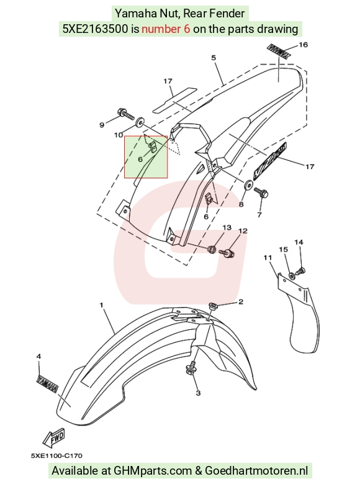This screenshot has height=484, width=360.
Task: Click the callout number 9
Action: [102, 125]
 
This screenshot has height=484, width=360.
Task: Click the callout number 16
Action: [304, 45]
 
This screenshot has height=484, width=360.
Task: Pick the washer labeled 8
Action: [249, 185]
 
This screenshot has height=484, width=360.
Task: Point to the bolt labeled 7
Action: [261, 193]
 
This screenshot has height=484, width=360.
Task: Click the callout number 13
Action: [227, 227]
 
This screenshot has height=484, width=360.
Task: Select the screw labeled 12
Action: [228, 253]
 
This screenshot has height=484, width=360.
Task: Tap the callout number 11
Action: [268, 258]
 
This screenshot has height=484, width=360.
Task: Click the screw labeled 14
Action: [300, 272]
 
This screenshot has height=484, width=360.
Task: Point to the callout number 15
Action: [283, 249]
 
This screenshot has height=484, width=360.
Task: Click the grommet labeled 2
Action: [212, 306]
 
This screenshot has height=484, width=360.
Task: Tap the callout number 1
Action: [102, 305]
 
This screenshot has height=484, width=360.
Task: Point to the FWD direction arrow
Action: [53, 437]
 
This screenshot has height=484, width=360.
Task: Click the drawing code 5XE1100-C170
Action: [56, 456]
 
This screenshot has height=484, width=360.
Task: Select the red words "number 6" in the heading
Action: [166, 29]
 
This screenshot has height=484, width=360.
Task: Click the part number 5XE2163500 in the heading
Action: [96, 29]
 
